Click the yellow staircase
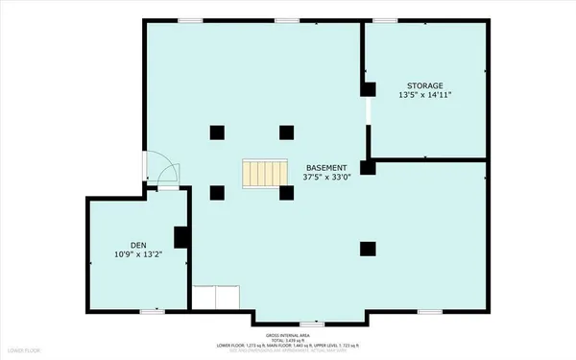[x=263, y=174]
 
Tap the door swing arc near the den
[x=163, y=174]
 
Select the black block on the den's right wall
[x=180, y=236]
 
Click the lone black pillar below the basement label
[x=367, y=249]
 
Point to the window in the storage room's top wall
[x=386, y=20]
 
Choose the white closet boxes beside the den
[x=216, y=298]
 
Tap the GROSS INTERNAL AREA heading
[x=287, y=333]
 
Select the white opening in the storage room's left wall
[x=367, y=122]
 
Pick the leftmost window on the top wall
[x=190, y=20]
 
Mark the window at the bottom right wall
[x=430, y=311]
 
